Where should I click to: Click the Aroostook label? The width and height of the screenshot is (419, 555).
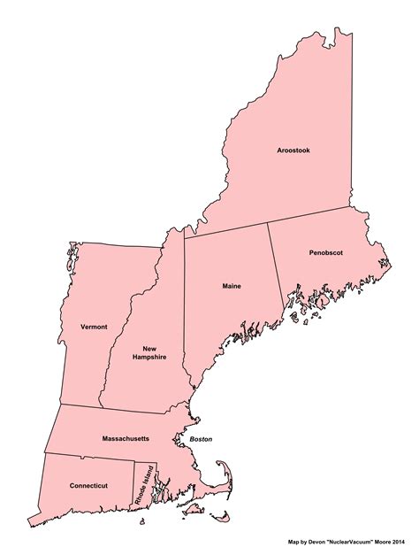click(x=293, y=150)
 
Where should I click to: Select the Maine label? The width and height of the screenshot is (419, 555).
click(x=232, y=287)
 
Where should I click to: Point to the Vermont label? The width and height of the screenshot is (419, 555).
click(x=93, y=327)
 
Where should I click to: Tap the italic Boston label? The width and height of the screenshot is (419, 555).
click(x=201, y=439)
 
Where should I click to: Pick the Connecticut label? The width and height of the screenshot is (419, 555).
click(x=88, y=485)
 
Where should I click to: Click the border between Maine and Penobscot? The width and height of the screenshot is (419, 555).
click(x=277, y=266)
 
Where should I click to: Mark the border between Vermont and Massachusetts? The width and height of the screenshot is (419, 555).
click(x=80, y=406)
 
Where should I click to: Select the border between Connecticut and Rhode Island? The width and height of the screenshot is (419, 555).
click(x=133, y=482)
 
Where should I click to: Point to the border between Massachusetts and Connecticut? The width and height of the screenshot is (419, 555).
click(x=88, y=457)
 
